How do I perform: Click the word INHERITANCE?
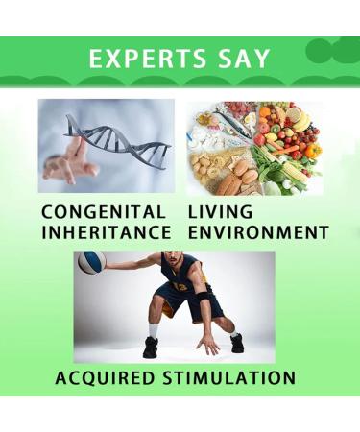106,232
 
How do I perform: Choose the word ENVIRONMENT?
258,232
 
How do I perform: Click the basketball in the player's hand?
91,262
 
